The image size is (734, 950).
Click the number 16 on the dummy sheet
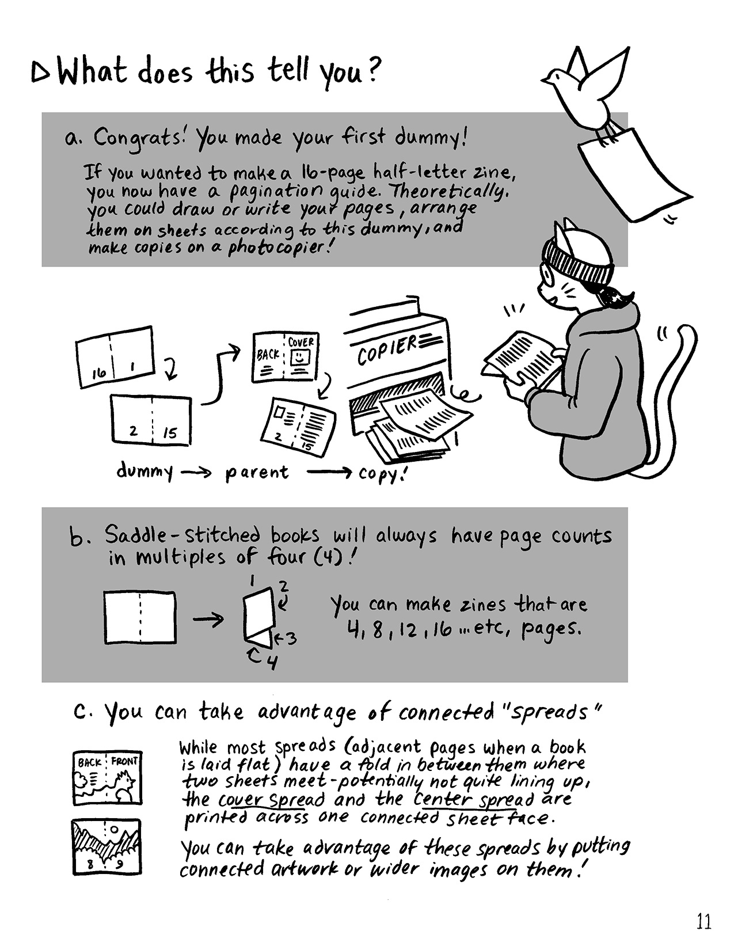coord(99,373)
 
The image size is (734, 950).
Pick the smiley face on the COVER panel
coord(301,358)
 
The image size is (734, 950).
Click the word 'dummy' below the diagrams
coord(144,472)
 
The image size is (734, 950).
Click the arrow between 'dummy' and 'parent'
coord(196,472)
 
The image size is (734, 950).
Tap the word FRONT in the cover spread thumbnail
coord(125,762)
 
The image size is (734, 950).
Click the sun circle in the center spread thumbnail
coord(114,829)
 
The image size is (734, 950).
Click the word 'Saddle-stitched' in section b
coord(182,535)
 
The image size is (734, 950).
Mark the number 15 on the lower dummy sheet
coord(170,433)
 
